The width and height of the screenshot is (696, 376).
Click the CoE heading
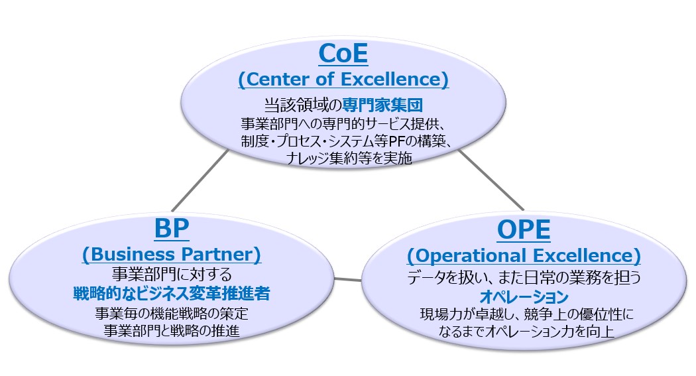point(343,54)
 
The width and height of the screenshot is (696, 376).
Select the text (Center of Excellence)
point(343,80)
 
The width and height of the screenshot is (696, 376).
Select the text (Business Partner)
point(171,255)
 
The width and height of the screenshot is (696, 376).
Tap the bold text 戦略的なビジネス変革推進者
point(172,292)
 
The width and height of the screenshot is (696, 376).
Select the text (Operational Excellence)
point(524,255)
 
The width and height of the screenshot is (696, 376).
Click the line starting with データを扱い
point(523,275)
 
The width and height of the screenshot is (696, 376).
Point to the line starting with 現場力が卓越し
point(523,314)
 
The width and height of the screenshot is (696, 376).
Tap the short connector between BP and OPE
point(349,279)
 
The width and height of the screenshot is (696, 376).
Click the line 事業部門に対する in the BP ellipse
point(172,273)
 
